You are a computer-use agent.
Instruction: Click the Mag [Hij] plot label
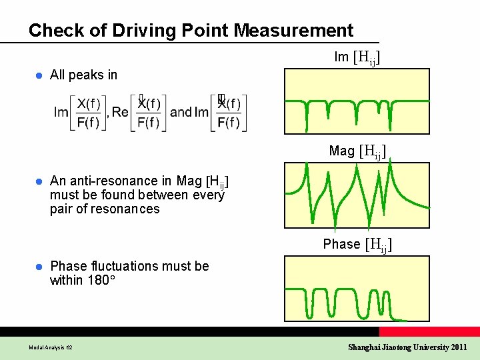point(357,151)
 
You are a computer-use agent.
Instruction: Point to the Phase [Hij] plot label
point(357,245)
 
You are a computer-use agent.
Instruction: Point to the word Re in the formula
point(120,112)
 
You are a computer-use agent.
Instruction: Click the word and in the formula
point(181,112)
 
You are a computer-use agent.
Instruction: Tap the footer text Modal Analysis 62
point(51,347)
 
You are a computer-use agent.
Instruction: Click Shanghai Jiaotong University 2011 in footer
point(407,347)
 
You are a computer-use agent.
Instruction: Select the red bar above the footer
point(429,331)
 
